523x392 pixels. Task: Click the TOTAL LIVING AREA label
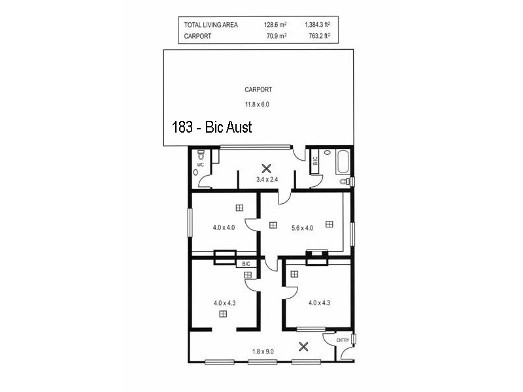(x=211, y=25)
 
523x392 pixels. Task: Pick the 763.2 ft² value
(x=318, y=36)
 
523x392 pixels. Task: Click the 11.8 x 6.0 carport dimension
(x=258, y=104)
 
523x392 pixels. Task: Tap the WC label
(x=201, y=165)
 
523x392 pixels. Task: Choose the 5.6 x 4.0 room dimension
(x=302, y=228)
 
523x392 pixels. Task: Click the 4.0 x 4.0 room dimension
(x=224, y=228)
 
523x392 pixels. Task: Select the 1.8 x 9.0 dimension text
(x=263, y=351)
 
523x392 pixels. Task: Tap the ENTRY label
(x=343, y=341)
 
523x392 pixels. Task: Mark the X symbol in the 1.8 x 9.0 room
(x=303, y=346)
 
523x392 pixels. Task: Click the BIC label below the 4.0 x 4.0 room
(x=246, y=263)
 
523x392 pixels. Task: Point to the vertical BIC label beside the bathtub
(x=315, y=159)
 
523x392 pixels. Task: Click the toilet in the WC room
(x=202, y=155)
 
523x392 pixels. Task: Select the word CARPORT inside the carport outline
(x=258, y=90)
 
